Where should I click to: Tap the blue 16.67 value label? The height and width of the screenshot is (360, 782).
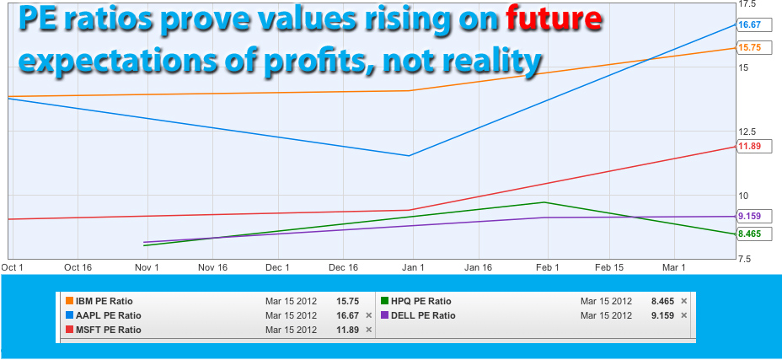749,25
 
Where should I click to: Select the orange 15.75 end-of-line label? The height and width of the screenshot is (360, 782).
749,48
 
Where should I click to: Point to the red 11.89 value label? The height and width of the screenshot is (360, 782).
749,147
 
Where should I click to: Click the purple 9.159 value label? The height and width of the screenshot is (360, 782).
749,216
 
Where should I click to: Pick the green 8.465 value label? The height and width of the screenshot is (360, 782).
749,234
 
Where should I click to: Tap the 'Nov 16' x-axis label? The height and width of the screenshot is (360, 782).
212,267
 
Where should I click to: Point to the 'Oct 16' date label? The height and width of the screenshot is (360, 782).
78,267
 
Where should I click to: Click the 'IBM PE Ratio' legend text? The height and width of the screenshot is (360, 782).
104,301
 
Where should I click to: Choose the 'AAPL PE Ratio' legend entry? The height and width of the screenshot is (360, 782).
107,315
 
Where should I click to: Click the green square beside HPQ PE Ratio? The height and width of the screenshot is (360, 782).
384,301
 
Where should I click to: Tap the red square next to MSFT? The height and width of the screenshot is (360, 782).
69,330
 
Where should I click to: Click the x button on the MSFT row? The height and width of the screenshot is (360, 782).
368,330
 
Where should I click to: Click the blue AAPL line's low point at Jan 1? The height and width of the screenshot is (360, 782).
409,156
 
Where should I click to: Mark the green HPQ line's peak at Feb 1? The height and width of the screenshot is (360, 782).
545,202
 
